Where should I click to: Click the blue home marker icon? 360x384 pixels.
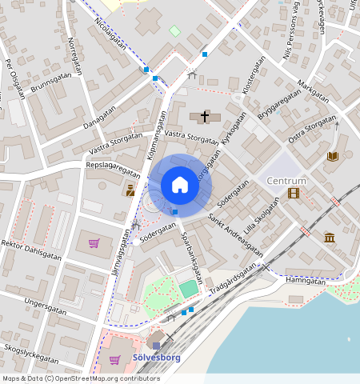[180, 186]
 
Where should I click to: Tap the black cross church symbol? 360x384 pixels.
[205, 117]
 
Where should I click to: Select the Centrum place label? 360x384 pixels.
[286, 181]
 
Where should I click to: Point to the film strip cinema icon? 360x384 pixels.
[294, 193]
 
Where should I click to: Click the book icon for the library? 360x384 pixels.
[333, 156]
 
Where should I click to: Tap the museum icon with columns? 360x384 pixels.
[330, 238]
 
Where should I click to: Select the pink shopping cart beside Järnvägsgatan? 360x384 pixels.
[94, 242]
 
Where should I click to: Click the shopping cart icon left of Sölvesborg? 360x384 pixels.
[114, 359]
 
